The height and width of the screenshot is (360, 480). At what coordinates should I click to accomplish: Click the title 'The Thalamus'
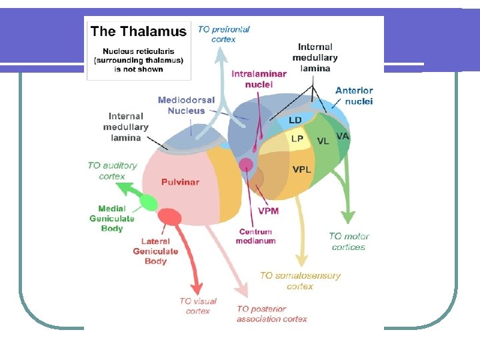point(138,31)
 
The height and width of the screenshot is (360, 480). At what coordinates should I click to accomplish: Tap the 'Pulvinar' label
point(180,182)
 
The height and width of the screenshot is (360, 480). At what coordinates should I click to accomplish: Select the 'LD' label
point(295,121)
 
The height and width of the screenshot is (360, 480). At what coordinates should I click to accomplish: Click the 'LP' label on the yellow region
point(297,139)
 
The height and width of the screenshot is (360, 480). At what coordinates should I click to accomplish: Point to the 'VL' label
point(323,141)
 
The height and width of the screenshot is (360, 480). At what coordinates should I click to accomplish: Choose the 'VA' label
point(343,136)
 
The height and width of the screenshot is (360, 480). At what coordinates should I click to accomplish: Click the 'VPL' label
point(301,169)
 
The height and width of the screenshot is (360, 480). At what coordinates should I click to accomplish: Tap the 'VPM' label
point(268,211)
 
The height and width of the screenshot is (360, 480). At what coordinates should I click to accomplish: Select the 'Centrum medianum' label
point(255,236)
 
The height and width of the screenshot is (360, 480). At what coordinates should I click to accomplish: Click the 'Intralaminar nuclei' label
point(259,79)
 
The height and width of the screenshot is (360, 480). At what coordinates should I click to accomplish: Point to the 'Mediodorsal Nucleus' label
point(186,105)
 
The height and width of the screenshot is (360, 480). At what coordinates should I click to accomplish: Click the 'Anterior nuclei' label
point(354,95)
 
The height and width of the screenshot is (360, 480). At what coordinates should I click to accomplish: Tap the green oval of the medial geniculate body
point(147,203)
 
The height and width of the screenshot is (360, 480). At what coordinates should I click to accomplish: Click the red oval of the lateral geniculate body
point(171,217)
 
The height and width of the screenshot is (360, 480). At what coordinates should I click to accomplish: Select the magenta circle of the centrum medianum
point(246,165)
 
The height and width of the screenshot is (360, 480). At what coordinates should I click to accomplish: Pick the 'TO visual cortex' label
point(198,306)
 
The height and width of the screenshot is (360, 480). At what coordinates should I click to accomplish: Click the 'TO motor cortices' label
point(349,241)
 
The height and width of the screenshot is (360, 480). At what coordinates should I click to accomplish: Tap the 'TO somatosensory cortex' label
point(300,281)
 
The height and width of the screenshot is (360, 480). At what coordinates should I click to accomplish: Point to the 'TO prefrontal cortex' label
point(223,34)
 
